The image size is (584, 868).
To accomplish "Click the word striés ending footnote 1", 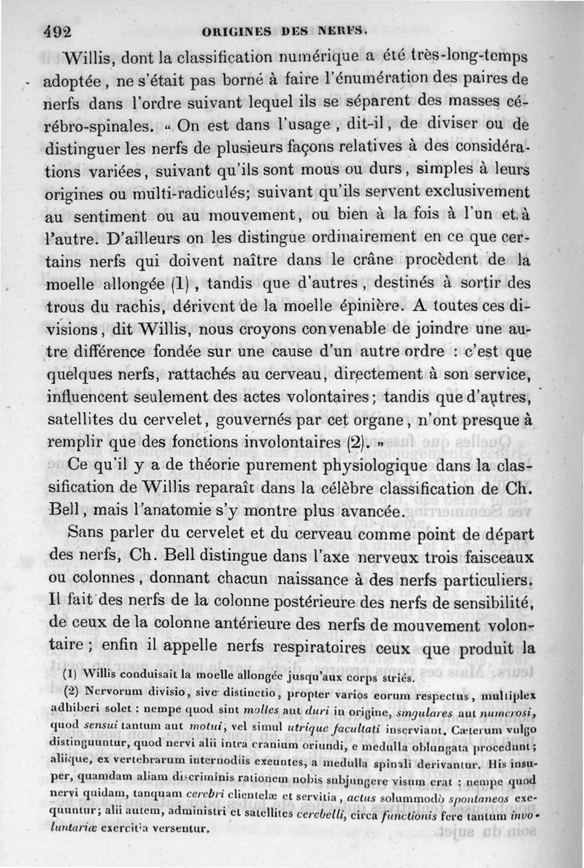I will (397, 677).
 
